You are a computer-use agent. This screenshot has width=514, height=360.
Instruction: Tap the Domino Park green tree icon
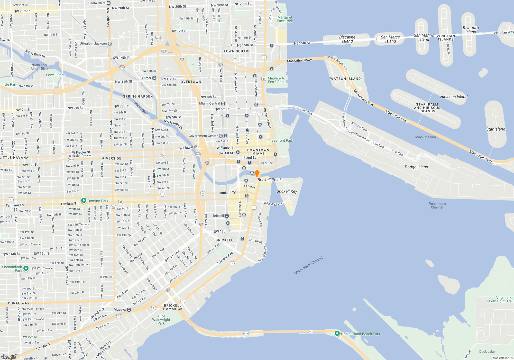pyautogui.click(x=84, y=201)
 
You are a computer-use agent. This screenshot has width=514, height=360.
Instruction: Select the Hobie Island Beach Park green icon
pyautogui.click(x=337, y=334)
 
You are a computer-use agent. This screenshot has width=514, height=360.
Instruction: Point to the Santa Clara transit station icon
pyautogui.click(x=109, y=3)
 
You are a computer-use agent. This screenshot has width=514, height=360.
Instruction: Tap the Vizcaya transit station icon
pyautogui.click(x=129, y=310)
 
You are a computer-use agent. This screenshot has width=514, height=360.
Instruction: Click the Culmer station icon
pyautogui.click(x=154, y=78)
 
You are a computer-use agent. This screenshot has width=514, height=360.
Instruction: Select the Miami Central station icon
pyautogui.click(x=223, y=103)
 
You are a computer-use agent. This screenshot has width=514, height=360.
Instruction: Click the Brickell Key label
pyautogui.click(x=287, y=191)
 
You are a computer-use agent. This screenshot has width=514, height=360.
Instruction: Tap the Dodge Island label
pyautogui.click(x=416, y=167)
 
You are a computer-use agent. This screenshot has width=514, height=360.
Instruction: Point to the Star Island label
pyautogui.click(x=495, y=129)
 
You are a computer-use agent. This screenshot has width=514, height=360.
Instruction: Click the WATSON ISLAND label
pyautogui.click(x=345, y=79)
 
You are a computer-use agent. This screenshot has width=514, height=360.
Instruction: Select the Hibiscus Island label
pyautogui.click(x=454, y=97)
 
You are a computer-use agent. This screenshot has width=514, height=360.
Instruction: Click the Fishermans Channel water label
pyautogui.click(x=437, y=205)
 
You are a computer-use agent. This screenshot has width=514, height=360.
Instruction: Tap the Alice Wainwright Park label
pyautogui.click(x=161, y=320)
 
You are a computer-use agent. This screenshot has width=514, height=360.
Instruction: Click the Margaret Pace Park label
pyautogui.click(x=285, y=19)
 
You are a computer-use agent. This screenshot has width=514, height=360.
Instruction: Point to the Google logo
pyautogui.click(x=9, y=357)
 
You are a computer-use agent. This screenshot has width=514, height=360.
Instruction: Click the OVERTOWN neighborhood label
pyautogui.click(x=191, y=82)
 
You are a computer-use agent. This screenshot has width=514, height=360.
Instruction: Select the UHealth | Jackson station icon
pyautogui.click(x=110, y=44)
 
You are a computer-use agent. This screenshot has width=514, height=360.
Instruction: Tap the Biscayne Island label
pyautogui.click(x=347, y=39)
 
